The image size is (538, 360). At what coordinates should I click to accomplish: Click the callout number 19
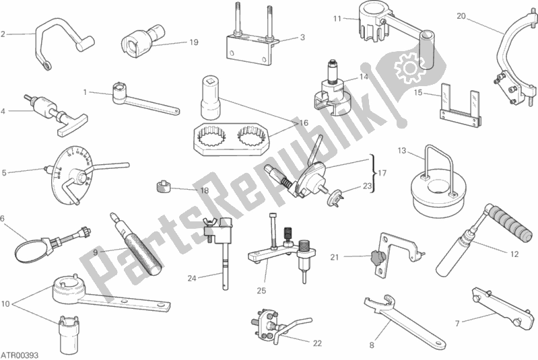point(194,42)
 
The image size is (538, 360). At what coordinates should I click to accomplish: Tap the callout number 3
point(302,37)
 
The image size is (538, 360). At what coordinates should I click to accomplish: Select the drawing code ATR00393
point(20,355)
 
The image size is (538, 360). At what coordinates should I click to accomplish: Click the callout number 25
point(261,291)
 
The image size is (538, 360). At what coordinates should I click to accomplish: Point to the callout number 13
point(402,151)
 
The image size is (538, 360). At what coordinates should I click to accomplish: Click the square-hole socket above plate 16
point(210,96)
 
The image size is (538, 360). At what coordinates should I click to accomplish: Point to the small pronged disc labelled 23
point(335,198)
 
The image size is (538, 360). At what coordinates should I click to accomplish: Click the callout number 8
point(372,345)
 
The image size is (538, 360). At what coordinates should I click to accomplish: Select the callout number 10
point(5,303)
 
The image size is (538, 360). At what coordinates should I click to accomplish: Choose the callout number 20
point(461,16)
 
